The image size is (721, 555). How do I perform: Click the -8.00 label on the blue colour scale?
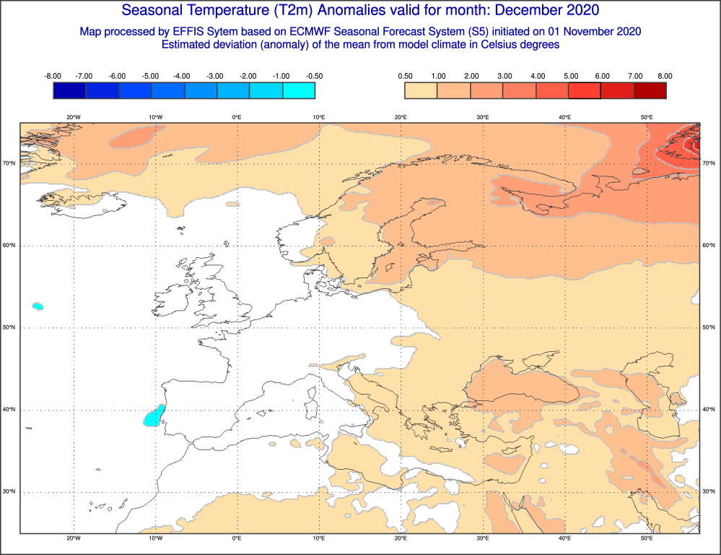pos(52,76)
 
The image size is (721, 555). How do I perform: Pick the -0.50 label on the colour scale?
pos(315,76)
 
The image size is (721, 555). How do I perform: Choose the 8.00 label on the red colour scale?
pos(665,76)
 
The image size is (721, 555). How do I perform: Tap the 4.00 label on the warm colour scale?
pos(536,76)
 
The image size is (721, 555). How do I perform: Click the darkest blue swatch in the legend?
pos(69,90)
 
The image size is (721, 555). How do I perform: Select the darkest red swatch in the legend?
pos(650,90)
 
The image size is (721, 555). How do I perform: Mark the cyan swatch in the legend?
pos(299,90)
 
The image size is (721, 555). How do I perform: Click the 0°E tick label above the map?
pos(237,117)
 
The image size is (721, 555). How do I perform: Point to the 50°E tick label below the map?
pos(647,538)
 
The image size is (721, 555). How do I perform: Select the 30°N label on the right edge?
pos(709,492)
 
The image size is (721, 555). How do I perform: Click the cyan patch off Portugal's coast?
pos(153,416)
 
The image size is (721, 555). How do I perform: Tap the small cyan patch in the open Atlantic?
pos(38,306)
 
